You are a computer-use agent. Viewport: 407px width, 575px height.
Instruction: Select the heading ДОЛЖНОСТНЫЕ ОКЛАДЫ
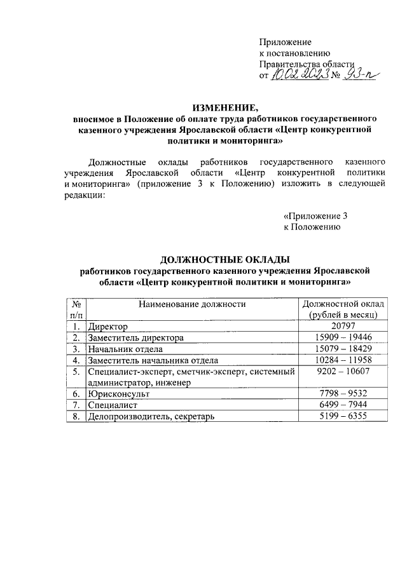click(x=224, y=259)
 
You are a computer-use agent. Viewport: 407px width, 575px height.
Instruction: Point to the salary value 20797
click(x=342, y=327)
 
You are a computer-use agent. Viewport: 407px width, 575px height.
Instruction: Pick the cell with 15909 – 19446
click(x=342, y=338)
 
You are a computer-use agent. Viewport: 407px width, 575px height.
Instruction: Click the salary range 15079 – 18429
click(x=342, y=349)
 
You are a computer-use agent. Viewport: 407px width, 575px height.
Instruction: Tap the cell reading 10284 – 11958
click(x=342, y=361)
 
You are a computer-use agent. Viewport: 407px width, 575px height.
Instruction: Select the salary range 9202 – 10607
click(x=342, y=372)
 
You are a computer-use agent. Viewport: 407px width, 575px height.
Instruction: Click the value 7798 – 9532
click(x=342, y=394)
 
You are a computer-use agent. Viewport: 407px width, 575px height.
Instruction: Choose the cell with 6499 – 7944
click(x=342, y=405)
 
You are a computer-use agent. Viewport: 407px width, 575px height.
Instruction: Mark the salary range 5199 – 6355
click(x=342, y=417)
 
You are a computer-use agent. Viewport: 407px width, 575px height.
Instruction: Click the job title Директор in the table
click(x=108, y=327)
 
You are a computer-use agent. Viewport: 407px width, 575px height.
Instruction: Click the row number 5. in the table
click(x=76, y=372)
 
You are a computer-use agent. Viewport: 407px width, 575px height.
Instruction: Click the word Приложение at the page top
click(x=284, y=41)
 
